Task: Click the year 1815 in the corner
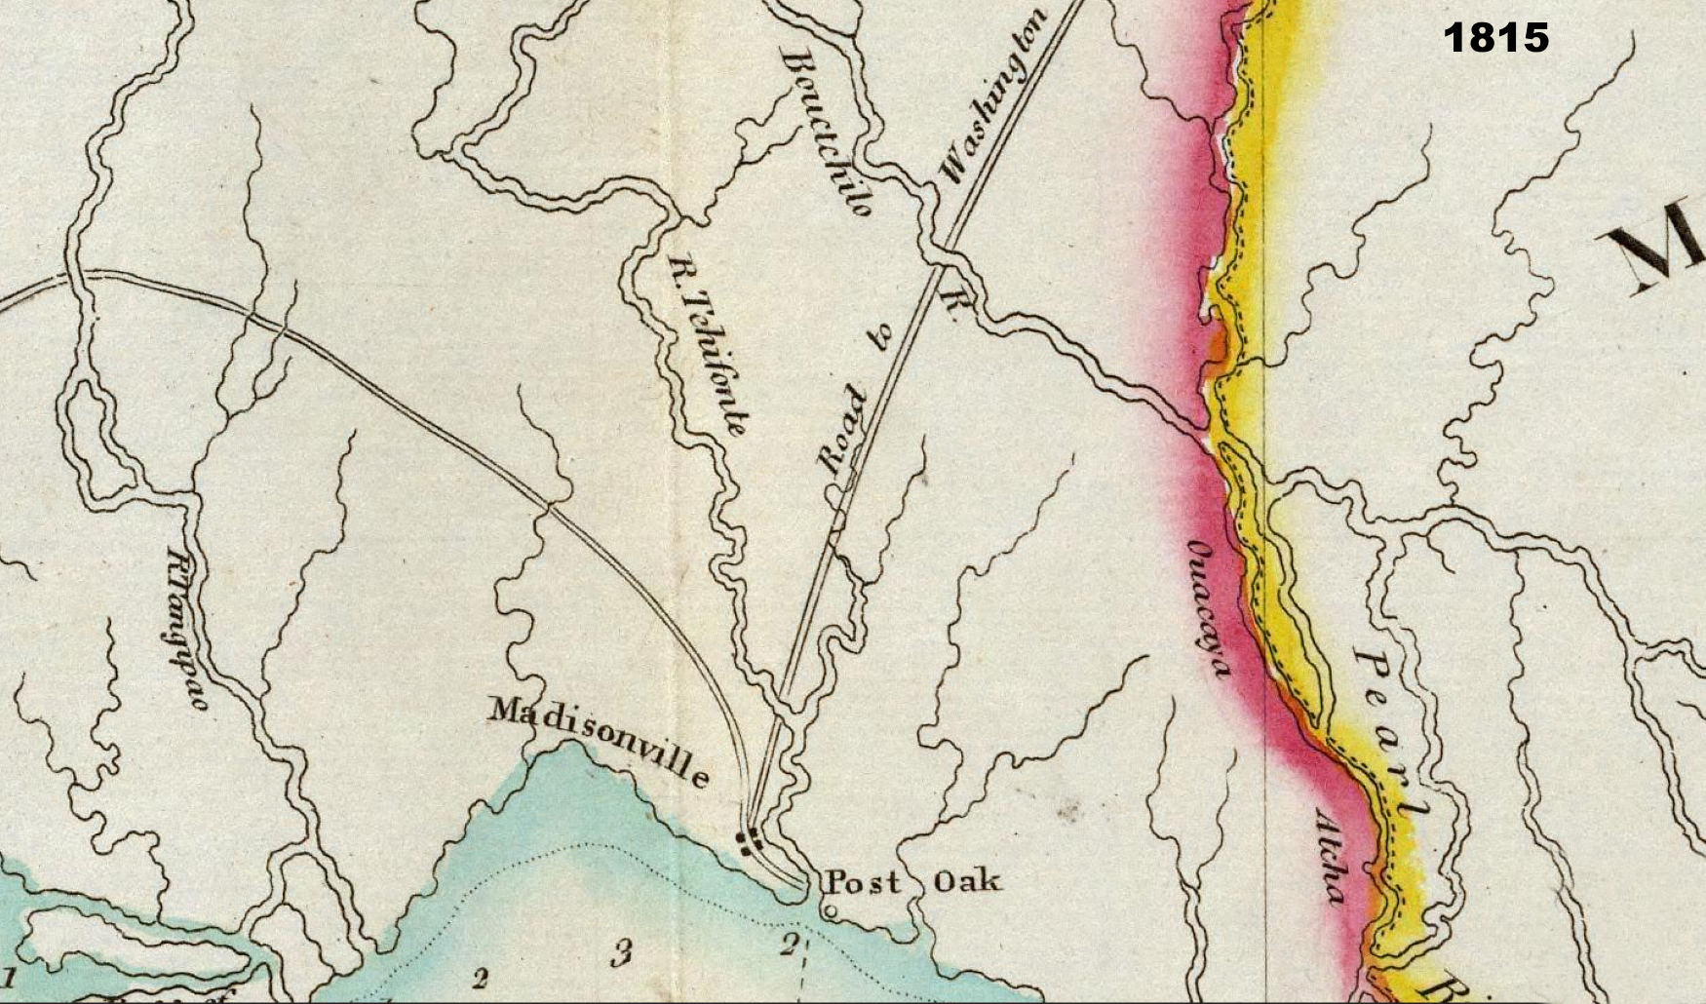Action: [x=1495, y=38]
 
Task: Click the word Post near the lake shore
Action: [x=863, y=882]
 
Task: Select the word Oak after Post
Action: [x=966, y=882]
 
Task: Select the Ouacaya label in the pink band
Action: [x=1209, y=605]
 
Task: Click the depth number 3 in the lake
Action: [x=620, y=952]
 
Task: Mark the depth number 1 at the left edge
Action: [x=11, y=975]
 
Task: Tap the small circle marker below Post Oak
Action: [x=830, y=912]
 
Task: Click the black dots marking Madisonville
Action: [x=750, y=840]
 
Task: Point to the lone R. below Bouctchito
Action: [x=951, y=304]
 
